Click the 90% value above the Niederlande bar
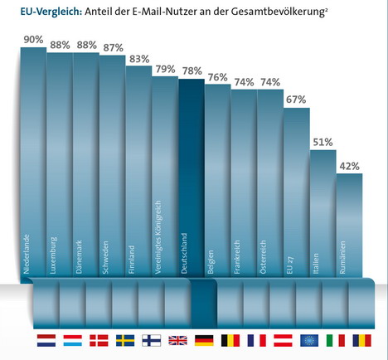point(33,40)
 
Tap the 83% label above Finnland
point(139,59)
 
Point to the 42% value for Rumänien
point(349,167)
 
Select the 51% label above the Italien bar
point(323,143)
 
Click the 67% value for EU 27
point(296,100)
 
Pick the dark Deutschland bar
point(192,178)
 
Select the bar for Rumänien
point(349,225)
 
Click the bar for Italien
point(323,213)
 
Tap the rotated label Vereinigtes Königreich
point(158,237)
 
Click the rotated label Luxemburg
point(53,255)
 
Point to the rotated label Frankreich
point(236,257)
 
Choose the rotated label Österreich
point(263,257)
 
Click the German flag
point(204,340)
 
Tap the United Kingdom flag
point(177,340)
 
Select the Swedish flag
point(125,340)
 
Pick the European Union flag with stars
point(309,340)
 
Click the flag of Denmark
point(99,340)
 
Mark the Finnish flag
point(152,340)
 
